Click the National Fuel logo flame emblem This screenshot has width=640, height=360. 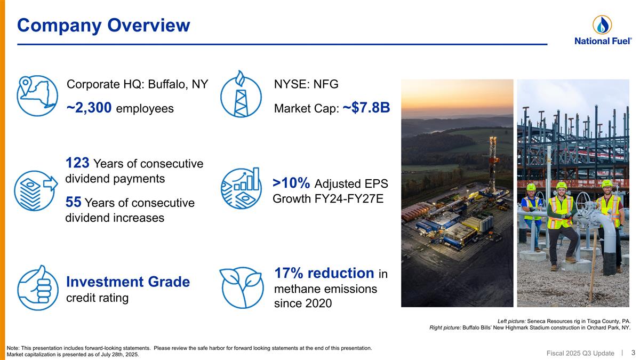(602, 25)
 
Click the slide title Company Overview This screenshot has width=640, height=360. (103, 25)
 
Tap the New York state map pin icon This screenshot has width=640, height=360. (37, 95)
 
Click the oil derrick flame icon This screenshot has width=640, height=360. (241, 94)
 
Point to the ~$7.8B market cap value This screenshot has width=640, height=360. (366, 108)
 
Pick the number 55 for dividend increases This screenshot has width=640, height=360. (73, 202)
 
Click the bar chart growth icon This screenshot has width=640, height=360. (241, 189)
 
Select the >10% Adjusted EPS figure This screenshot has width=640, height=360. (291, 183)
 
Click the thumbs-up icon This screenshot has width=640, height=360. (37, 287)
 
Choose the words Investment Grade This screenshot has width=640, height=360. (127, 282)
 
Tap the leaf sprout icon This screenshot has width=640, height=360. (241, 287)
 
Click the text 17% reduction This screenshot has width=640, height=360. (324, 273)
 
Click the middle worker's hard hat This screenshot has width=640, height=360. (561, 185)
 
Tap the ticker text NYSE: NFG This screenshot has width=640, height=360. (306, 84)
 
